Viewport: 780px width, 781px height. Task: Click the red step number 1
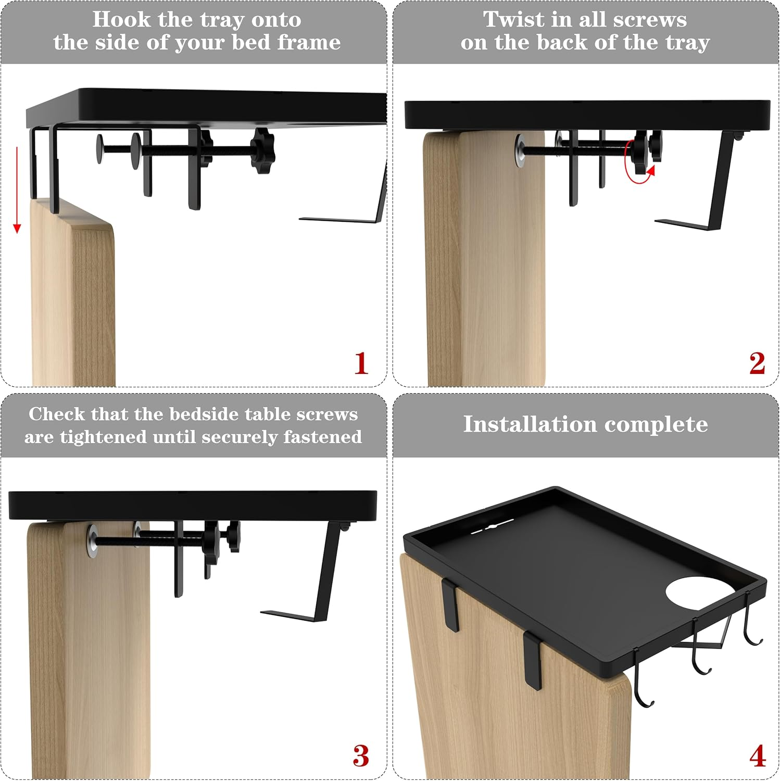pos(361,363)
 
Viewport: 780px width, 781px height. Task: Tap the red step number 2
pos(757,363)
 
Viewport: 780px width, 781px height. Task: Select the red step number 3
pos(361,756)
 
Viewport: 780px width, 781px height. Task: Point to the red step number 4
pos(758,756)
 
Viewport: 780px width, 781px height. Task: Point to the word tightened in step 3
pos(103,437)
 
